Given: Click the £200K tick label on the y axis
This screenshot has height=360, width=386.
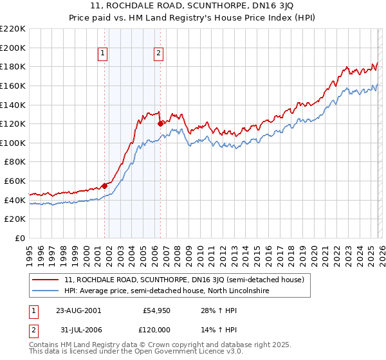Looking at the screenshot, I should click(x=13, y=48).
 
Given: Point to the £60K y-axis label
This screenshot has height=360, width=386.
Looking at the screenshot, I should click(x=15, y=181).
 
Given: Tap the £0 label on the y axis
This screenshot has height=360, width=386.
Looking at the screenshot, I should click(x=20, y=239).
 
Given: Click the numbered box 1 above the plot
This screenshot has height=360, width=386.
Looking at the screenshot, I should click(x=104, y=54).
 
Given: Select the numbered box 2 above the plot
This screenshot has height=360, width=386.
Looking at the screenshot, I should click(x=158, y=54).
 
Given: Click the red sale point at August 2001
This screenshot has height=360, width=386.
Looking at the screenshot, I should click(x=104, y=186).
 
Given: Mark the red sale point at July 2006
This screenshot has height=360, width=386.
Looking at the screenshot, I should click(x=160, y=123).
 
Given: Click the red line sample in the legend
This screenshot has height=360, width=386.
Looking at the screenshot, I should click(x=46, y=280).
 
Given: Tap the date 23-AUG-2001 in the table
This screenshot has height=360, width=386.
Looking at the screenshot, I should click(x=78, y=310).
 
